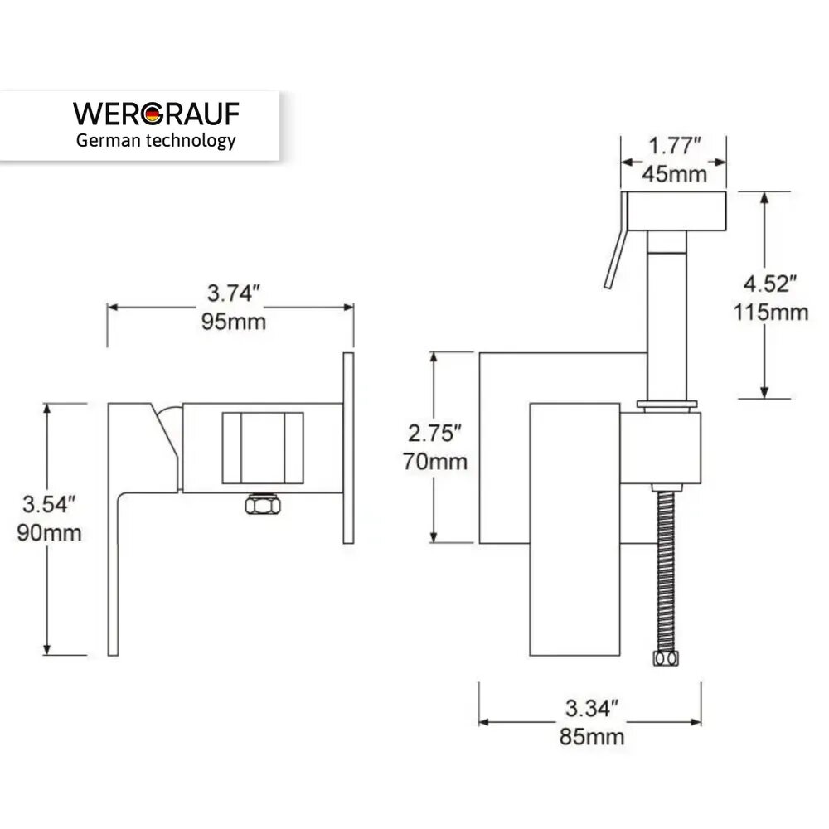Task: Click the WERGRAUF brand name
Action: coord(156,114)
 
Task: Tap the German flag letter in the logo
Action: coord(153,114)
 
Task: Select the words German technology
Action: coord(156,141)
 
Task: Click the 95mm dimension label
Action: coord(233,322)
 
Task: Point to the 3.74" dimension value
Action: coord(233,293)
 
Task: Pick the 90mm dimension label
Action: coord(49,532)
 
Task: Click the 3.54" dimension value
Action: coord(49,504)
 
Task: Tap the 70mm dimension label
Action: coord(435,462)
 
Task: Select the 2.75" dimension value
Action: coord(435,433)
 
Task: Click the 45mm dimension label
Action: coord(675,174)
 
